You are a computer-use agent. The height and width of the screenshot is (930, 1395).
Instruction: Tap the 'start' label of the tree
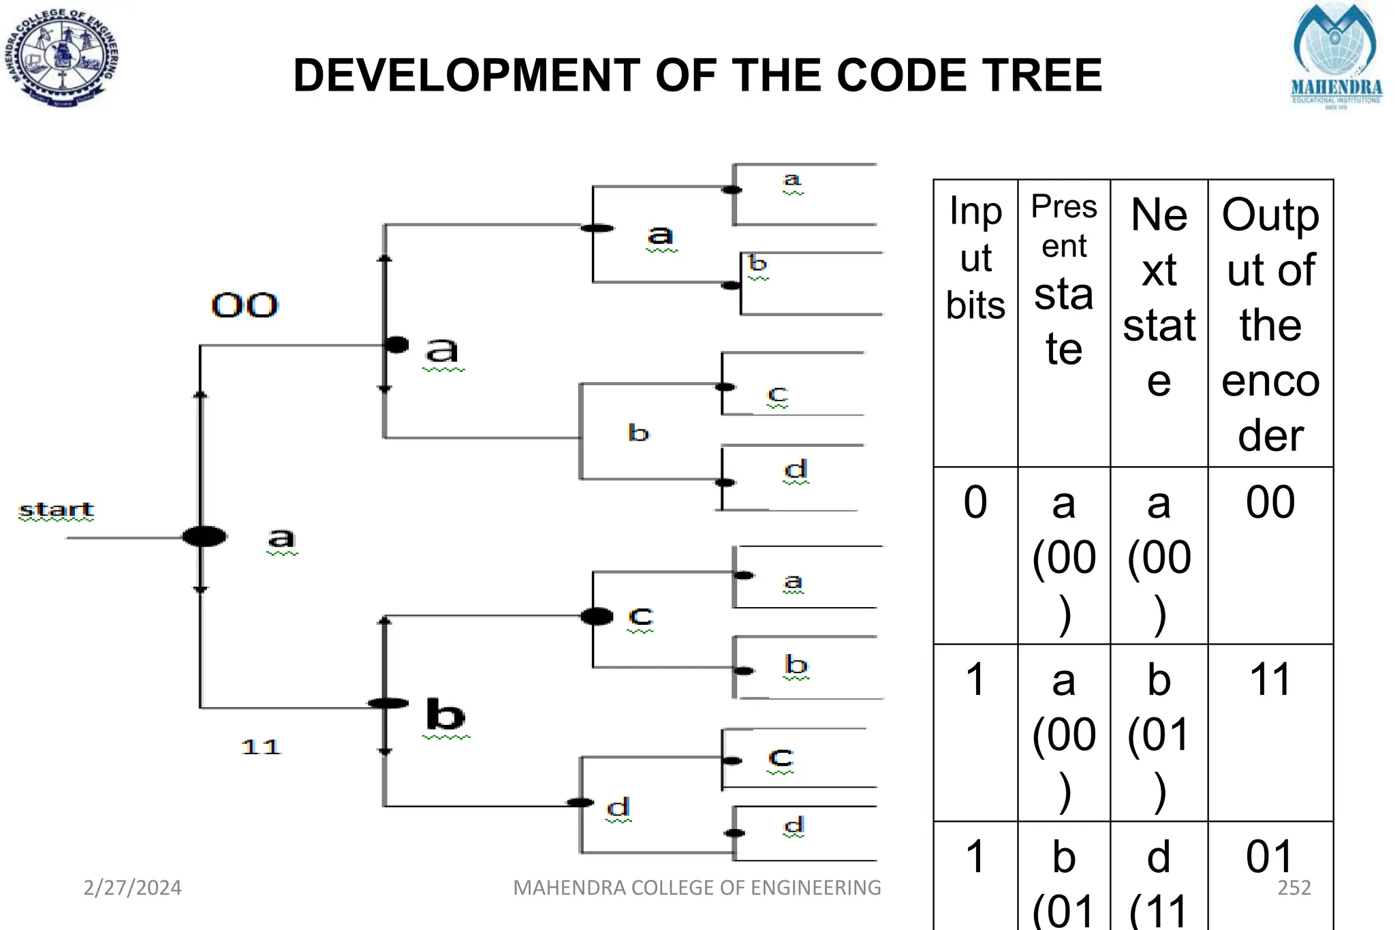[x=57, y=510]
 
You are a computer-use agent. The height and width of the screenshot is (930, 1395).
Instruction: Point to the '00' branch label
[x=245, y=305]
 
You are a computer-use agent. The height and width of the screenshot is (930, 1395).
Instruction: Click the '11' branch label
[x=261, y=747]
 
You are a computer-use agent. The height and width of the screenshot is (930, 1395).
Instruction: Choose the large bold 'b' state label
[x=445, y=715]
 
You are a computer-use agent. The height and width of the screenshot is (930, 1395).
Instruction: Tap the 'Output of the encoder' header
[x=1270, y=324]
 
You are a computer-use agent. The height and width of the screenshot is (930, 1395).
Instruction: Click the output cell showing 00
[x=1270, y=503]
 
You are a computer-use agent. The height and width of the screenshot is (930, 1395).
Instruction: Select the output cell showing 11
[x=1270, y=680]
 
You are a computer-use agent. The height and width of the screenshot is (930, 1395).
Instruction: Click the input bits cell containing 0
[x=975, y=503]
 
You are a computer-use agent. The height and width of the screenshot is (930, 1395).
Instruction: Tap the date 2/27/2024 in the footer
[x=132, y=888]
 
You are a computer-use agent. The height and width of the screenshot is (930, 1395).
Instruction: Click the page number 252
[x=1294, y=888]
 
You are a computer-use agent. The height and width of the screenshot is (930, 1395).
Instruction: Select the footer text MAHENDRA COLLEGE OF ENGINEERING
[x=697, y=888]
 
